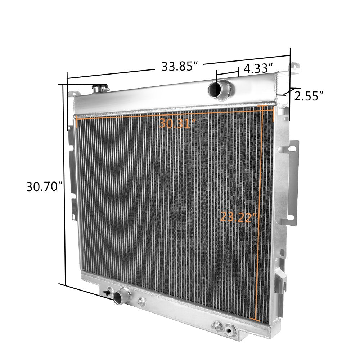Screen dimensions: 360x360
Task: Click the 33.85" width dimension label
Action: [180, 66]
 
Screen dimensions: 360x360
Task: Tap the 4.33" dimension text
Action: [258, 68]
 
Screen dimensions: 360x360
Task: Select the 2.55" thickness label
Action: [309, 96]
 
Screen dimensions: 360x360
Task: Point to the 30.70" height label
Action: [45, 186]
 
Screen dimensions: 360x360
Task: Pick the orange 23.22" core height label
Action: [238, 217]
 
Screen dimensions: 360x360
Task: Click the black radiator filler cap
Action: [100, 89]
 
